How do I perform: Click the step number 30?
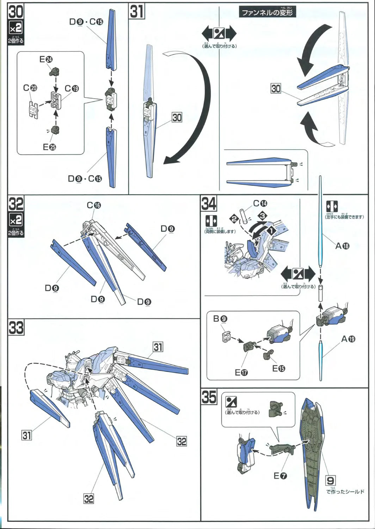point(16,12)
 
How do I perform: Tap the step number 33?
point(16,328)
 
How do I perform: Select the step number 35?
point(209,397)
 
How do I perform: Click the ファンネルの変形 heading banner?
point(267,13)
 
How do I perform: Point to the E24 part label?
point(46,59)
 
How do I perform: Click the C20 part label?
point(30,88)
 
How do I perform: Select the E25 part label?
point(49,147)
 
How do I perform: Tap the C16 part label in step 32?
point(94,205)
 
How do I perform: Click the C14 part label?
point(260,203)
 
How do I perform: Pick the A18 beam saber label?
point(342,246)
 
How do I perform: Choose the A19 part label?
point(348,339)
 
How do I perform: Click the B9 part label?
point(220,319)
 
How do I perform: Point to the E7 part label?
point(280,476)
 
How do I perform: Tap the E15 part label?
point(278,368)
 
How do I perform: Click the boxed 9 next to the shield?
point(331,480)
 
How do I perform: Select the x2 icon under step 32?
point(16,220)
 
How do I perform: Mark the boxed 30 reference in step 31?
point(177,117)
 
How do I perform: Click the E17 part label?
point(241,372)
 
